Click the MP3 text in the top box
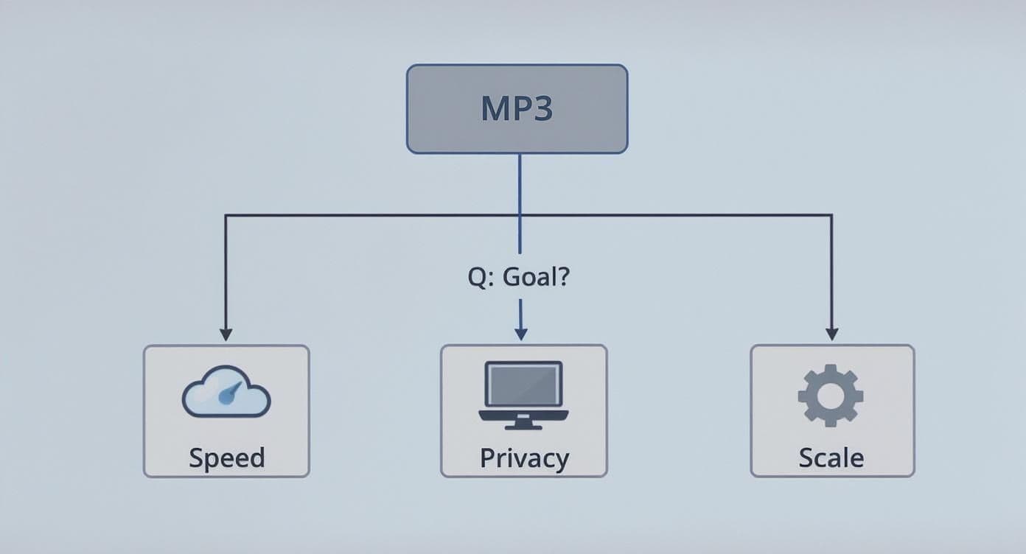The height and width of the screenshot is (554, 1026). (x=517, y=108)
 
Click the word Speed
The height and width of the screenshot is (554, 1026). (x=226, y=457)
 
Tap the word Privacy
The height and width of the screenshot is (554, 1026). (x=524, y=457)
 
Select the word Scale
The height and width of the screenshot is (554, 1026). (x=831, y=457)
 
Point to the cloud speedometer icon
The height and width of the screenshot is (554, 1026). (x=226, y=392)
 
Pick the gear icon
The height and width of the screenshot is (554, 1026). (x=831, y=395)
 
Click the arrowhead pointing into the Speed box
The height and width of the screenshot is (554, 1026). (x=226, y=334)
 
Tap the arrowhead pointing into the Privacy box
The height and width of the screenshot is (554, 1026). (x=520, y=334)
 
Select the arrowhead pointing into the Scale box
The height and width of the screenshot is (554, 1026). (x=831, y=334)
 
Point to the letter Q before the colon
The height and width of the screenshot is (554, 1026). (x=475, y=278)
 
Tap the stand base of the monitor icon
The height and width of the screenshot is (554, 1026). (x=523, y=426)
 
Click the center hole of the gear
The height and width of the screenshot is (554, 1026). (x=831, y=395)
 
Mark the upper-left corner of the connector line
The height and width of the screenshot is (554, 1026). (x=226, y=215)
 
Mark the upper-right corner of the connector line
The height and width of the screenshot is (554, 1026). (x=831, y=215)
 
